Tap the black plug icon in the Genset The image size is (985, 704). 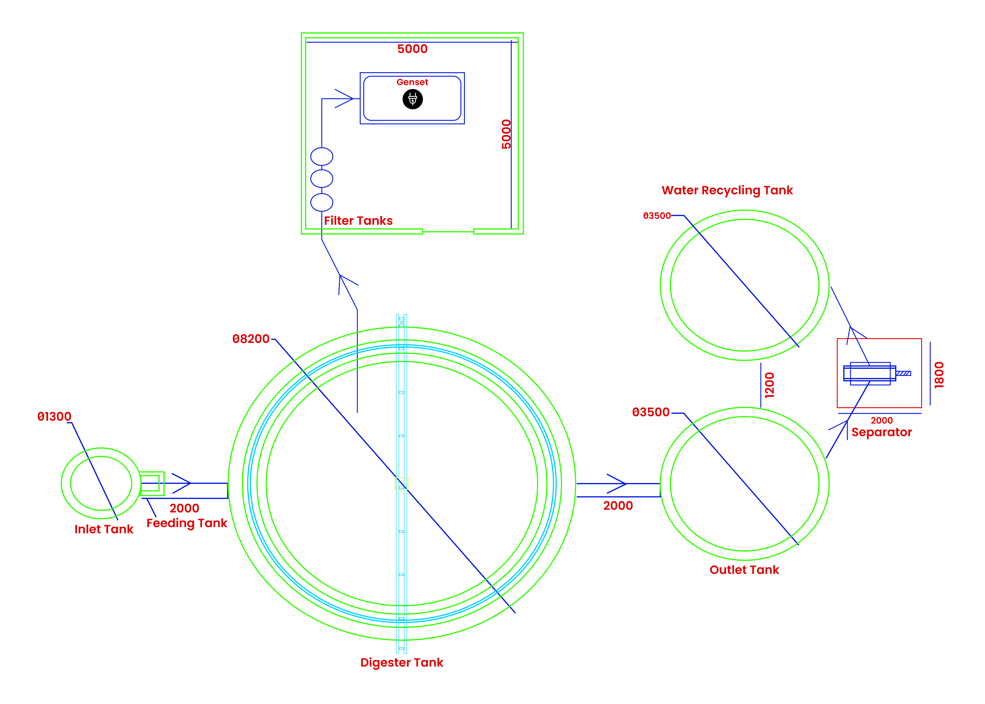click(412, 99)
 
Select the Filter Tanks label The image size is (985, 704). click(358, 221)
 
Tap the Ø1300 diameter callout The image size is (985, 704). click(54, 417)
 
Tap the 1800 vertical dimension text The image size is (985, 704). click(939, 375)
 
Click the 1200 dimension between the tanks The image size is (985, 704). click(769, 385)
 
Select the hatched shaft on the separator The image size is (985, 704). click(903, 373)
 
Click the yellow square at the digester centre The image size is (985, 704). click(402, 483)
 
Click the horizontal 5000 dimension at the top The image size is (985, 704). click(412, 49)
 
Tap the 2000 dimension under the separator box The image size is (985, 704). click(882, 421)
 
